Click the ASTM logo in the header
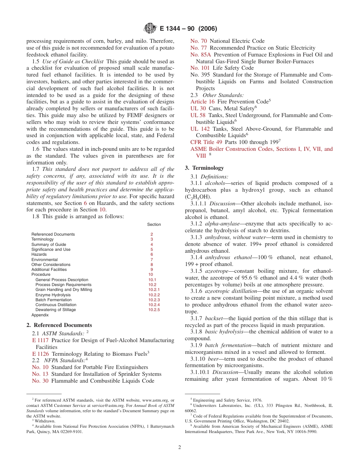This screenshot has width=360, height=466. pos(150,28)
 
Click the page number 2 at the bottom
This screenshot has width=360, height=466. pos(180,447)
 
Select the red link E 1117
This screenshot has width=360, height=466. pos(41,340)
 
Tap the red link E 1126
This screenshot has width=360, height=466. pos(41,354)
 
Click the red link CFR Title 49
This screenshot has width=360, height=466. pos(207,142)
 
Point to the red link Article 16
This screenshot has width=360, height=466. pos(202,102)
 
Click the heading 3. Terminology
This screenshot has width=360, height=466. pos(204,168)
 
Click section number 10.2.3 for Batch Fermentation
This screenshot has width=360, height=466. pos(154,300)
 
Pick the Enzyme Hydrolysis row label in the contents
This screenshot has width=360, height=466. pos(53,295)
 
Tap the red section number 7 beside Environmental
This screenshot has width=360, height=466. pos(152,260)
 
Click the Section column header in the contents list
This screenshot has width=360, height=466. pos(154,225)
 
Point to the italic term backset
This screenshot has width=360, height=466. pos(214,318)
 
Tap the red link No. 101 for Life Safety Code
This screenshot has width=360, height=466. pos(200,68)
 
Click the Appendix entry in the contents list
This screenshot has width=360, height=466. pos(40,315)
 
